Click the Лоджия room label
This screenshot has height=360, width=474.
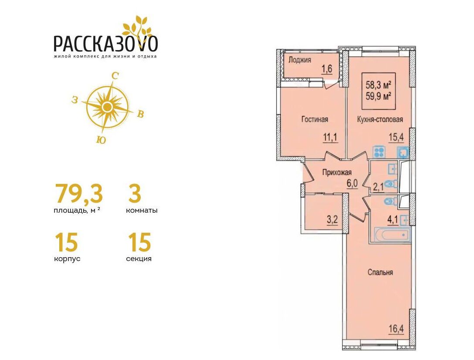299,60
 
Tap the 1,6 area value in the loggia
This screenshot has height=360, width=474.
327,69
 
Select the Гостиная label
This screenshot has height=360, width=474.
315,119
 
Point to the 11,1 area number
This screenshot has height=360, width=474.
330,138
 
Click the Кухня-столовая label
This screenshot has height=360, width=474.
380,119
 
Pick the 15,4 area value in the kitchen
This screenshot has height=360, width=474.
396,138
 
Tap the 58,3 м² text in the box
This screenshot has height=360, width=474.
379,85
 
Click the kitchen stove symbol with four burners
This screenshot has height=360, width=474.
379,152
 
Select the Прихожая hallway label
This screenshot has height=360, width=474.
337,173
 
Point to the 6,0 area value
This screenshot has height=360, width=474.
352,183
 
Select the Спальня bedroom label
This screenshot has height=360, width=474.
380,272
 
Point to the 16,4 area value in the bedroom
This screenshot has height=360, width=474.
396,329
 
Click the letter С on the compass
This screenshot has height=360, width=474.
115,76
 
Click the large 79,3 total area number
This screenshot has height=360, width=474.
78,194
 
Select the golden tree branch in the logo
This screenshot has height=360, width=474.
135,29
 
